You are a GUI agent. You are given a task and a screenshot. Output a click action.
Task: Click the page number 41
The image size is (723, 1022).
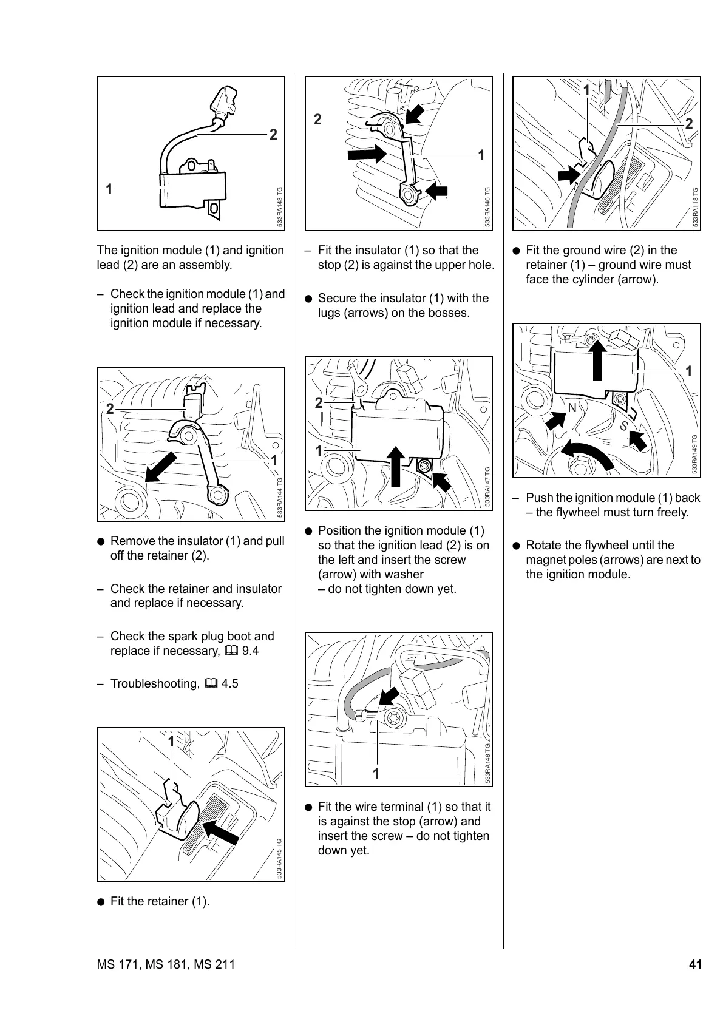pyautogui.click(x=695, y=964)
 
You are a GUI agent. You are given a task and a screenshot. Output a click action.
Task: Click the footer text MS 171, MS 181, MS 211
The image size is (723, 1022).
pyautogui.click(x=166, y=964)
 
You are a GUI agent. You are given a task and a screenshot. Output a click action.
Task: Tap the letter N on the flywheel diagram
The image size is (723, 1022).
pyautogui.click(x=572, y=408)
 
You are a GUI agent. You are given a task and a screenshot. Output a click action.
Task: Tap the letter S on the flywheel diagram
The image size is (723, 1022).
pyautogui.click(x=623, y=427)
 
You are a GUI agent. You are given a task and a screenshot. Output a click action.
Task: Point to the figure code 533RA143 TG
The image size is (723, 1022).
pyautogui.click(x=280, y=207)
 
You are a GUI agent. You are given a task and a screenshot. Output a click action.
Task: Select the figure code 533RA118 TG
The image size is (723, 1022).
pyautogui.click(x=696, y=207)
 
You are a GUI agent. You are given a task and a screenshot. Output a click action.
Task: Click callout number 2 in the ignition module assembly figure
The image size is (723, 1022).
pyautogui.click(x=273, y=135)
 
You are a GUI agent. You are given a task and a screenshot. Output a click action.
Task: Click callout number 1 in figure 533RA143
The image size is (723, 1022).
pyautogui.click(x=109, y=189)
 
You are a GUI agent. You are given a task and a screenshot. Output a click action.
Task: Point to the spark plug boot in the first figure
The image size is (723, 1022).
pyautogui.click(x=224, y=101)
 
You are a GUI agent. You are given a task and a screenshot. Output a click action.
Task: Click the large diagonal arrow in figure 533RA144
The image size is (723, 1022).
pyautogui.click(x=160, y=467)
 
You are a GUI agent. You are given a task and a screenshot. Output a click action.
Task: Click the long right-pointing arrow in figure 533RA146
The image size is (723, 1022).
pyautogui.click(x=367, y=154)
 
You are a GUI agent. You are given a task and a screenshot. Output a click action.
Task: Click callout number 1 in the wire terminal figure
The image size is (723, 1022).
pyautogui.click(x=376, y=774)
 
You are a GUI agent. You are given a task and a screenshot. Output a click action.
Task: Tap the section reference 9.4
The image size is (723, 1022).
pyautogui.click(x=250, y=651)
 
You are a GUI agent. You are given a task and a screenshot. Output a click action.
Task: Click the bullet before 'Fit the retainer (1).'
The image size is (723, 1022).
pyautogui.click(x=101, y=902)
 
